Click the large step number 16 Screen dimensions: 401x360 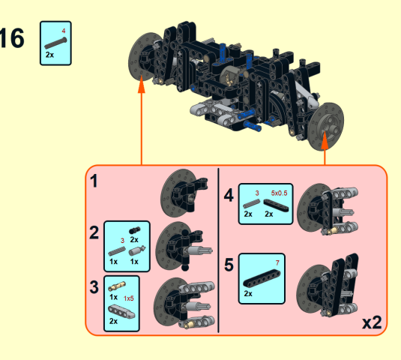[x=11, y=38]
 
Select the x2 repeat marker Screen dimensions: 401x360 [x=372, y=323]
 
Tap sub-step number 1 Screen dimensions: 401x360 [x=94, y=181]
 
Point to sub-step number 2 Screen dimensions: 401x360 [x=94, y=232]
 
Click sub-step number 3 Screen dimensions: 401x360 [x=94, y=286]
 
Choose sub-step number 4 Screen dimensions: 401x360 [x=229, y=195]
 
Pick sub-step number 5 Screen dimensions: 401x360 [x=229, y=265]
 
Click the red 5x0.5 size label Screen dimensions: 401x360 [x=279, y=193]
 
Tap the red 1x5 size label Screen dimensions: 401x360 [x=129, y=298]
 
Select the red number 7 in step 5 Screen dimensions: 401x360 [x=277, y=262]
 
